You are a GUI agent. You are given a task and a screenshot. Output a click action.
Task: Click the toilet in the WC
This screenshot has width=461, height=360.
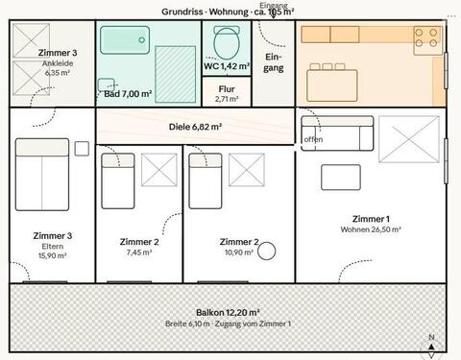(x=227, y=42)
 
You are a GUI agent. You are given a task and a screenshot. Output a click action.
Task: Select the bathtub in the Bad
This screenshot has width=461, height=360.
(x=127, y=40)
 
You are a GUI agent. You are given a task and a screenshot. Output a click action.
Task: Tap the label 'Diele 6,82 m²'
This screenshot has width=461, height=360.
(x=195, y=126)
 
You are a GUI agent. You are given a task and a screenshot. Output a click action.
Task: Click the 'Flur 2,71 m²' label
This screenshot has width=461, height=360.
(x=226, y=93)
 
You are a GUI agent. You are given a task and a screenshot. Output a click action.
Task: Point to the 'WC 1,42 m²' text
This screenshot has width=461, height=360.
(x=227, y=67)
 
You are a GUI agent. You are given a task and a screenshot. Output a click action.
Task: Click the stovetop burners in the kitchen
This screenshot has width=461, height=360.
(x=426, y=38)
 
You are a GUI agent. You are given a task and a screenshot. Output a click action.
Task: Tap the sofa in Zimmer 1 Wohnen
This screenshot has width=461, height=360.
(x=336, y=132)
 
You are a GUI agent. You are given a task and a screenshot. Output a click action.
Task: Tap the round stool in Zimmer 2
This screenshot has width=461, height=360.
(x=266, y=251)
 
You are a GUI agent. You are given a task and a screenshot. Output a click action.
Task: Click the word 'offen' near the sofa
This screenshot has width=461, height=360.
(x=313, y=139)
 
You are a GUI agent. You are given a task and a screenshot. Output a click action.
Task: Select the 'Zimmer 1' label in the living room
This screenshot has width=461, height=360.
(x=371, y=218)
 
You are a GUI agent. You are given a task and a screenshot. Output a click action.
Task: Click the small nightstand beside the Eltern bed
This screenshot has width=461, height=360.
(x=82, y=148)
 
